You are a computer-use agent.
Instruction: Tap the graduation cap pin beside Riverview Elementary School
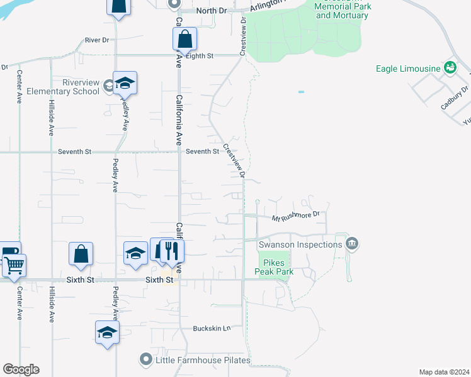pyautogui.click(x=124, y=84)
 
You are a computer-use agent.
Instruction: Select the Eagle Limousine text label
pyautogui.click(x=407, y=68)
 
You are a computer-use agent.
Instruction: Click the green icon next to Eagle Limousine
pyautogui.click(x=450, y=67)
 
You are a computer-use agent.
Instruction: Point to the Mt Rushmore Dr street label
pyautogui.click(x=296, y=217)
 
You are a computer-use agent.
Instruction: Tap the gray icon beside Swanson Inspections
pyautogui.click(x=352, y=244)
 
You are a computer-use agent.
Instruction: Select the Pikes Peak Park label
pyautogui.click(x=274, y=266)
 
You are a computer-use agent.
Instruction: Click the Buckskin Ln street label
pyautogui.click(x=212, y=329)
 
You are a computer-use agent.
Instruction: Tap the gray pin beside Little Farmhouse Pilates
pyautogui.click(x=146, y=359)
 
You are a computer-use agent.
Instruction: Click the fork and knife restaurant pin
pyautogui.click(x=170, y=251)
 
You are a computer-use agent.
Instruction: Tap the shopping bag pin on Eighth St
pyautogui.click(x=184, y=40)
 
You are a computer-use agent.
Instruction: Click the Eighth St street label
pyautogui.click(x=201, y=55)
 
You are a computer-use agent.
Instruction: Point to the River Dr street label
pyautogui.click(x=97, y=40)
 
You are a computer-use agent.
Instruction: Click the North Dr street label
pyautogui.click(x=211, y=11)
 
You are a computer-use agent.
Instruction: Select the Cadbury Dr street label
pyautogui.click(x=455, y=98)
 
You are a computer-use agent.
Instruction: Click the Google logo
pyautogui.click(x=21, y=369)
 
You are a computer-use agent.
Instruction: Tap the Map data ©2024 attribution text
pyautogui.click(x=444, y=372)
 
